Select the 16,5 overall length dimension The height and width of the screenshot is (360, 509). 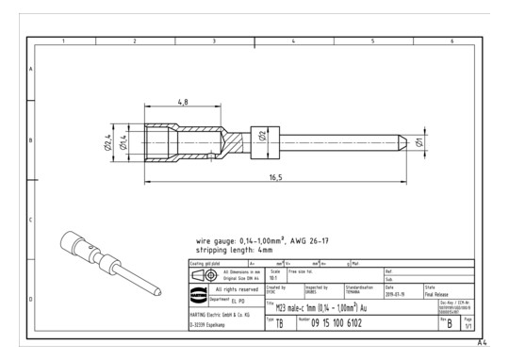(275, 176)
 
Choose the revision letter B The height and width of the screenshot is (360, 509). (450, 325)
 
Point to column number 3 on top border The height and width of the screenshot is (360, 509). (214, 41)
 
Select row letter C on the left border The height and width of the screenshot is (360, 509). (32, 221)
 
